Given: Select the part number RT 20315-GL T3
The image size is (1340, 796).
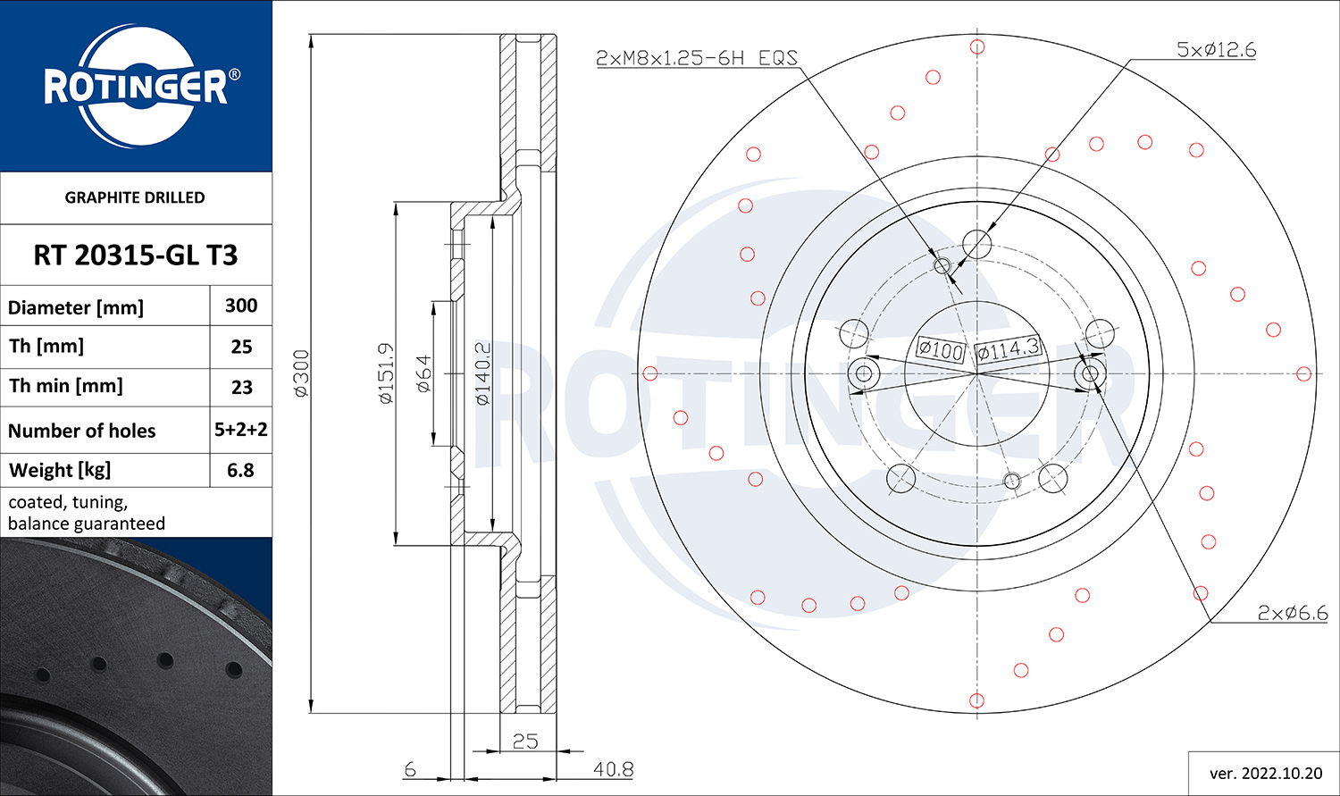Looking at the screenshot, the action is point(136,256).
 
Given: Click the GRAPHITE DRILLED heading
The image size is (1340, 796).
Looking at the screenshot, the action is point(135,197).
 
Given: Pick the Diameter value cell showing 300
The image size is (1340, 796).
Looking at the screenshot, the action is point(241,306).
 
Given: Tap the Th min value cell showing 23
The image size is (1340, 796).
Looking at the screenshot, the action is point(242,388).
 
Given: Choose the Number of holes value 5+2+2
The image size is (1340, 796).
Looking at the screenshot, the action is point(241,430).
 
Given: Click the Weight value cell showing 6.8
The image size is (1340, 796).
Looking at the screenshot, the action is point(240,470).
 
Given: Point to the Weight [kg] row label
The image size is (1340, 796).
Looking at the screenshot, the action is point(60,470).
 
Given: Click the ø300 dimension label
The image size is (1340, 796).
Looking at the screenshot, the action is point(301,373).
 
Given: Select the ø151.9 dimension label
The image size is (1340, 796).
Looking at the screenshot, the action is point(387,373).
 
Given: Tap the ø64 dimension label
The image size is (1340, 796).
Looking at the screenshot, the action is point(423,373).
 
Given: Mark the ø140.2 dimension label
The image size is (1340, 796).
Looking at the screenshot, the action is point(482,373).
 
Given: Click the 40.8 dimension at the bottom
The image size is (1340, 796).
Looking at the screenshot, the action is point(613,769).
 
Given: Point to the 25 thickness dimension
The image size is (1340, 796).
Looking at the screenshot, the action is point(525,742).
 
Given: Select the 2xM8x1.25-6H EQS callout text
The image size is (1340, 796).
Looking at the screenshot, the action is point(697,58).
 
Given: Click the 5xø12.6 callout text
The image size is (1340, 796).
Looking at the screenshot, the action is point(1216,50).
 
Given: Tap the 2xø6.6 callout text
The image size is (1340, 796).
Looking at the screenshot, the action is point(1292,613).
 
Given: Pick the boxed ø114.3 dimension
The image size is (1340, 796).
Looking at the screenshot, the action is point(1009,348).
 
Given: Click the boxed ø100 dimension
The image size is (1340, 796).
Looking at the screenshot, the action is point(941,349).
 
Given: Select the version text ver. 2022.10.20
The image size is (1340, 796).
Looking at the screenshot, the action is point(1266,774).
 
